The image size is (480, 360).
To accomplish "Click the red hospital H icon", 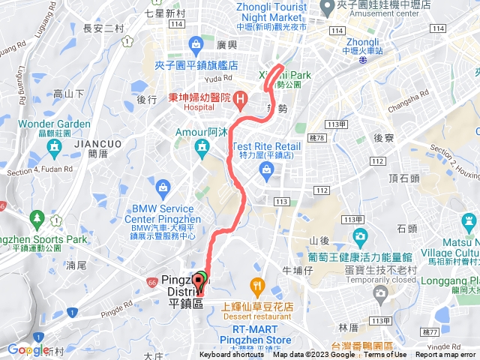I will click(240, 97).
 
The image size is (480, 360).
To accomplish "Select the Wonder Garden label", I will click(54, 124).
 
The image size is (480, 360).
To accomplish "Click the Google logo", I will click(28, 349).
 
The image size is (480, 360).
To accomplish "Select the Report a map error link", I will click(446, 355).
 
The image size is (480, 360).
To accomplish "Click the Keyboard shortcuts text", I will click(232, 355).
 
